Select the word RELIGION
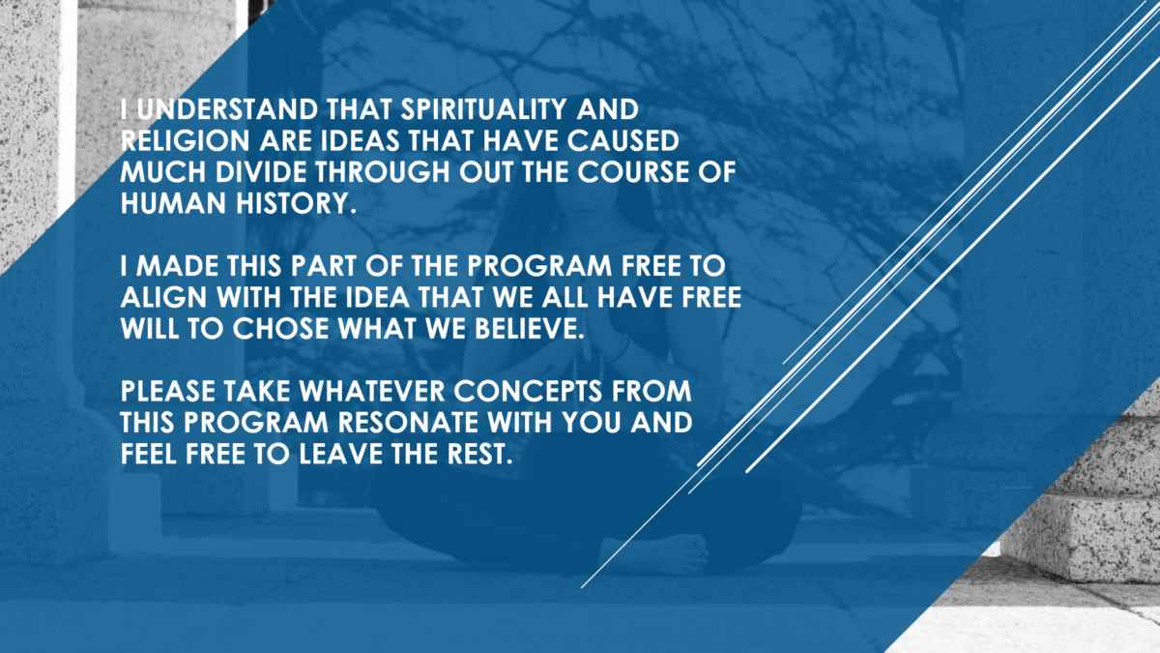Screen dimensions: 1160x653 [185, 141]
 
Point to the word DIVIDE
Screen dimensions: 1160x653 [260, 172]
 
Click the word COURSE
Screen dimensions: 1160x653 [633, 172]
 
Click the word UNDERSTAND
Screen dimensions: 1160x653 [227, 109]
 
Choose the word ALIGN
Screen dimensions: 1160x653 [163, 298]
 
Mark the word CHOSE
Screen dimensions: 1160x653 [280, 329]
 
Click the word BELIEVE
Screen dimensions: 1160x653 [530, 329]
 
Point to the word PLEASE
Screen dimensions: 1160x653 [168, 391]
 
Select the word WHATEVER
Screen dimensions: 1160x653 [372, 391]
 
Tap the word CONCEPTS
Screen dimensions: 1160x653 [528, 391]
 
